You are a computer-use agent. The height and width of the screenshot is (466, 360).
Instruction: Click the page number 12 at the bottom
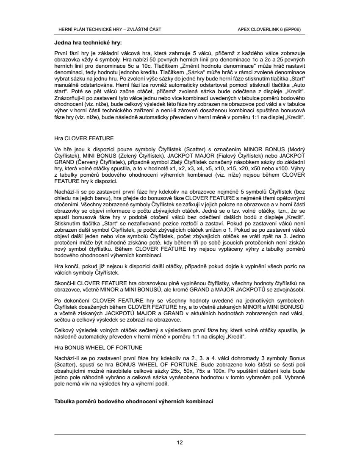pos(180,443)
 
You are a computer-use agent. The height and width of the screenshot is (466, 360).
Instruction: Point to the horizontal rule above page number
pos(180,434)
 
